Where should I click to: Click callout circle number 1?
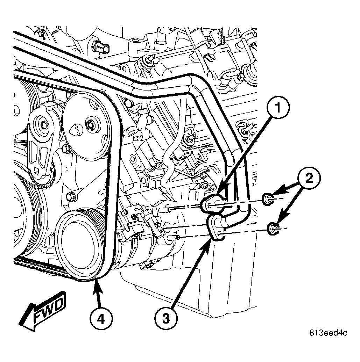(278, 108)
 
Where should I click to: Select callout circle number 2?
(309, 178)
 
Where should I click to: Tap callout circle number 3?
(166, 319)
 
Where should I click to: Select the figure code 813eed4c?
(328, 333)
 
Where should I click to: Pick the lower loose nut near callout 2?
(273, 229)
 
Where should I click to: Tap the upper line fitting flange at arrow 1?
(212, 203)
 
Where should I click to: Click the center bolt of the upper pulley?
(89, 125)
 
